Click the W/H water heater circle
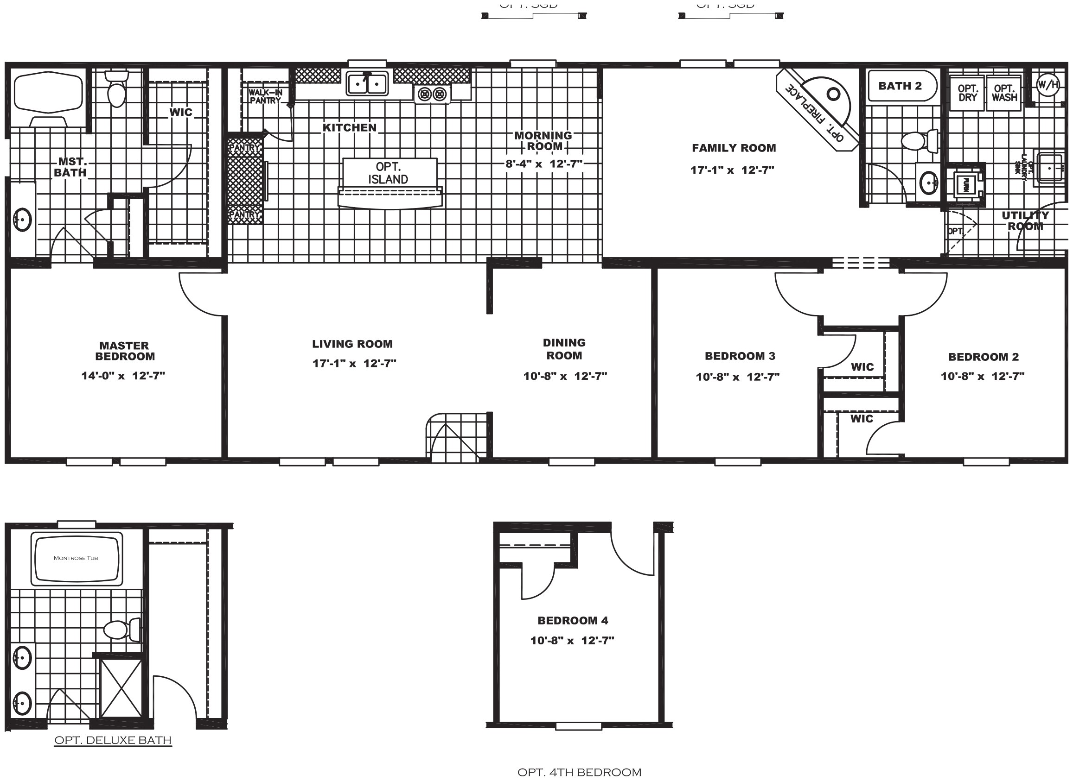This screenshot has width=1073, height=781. click(x=1047, y=85)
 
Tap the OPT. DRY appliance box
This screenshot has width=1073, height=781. click(x=967, y=93)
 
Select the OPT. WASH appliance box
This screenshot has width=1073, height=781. click(x=1004, y=93)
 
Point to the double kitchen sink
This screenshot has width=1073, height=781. click(x=367, y=84)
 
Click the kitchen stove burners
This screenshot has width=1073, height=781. click(x=432, y=94)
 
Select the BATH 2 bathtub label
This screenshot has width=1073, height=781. click(x=900, y=86)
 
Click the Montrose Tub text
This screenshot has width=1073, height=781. click(x=76, y=558)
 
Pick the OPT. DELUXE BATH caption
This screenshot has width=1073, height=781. click(x=113, y=740)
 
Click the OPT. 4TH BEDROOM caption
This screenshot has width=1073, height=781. click(x=579, y=773)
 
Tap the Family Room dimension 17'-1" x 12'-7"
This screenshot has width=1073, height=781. click(x=732, y=170)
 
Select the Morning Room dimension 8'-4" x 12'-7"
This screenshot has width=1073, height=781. click(x=543, y=164)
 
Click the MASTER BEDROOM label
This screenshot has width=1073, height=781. click(x=124, y=351)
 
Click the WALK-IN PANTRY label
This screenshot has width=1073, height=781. click(x=265, y=96)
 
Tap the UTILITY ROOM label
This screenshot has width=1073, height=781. click(x=1025, y=220)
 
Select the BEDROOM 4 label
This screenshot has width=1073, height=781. click(x=573, y=620)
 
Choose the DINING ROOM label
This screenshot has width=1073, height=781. click(x=564, y=349)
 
